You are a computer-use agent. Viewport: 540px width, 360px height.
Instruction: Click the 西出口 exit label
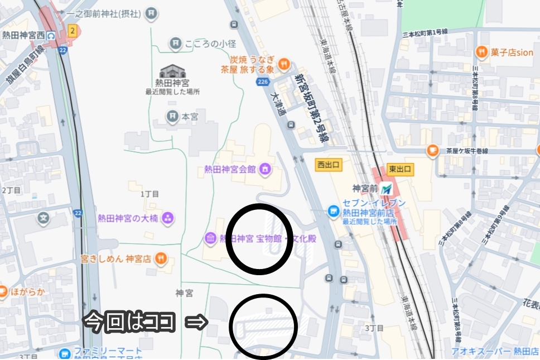(x=329, y=165)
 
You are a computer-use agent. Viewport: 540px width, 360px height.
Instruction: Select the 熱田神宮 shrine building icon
(x=172, y=71)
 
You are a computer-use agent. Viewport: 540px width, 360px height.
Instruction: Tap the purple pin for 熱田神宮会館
(x=265, y=168)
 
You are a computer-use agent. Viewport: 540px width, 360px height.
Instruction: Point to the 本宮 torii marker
(x=173, y=116)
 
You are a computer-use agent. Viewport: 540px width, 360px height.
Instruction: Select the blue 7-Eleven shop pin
(x=334, y=211)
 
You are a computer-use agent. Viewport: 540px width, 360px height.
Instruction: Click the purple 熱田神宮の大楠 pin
(x=167, y=218)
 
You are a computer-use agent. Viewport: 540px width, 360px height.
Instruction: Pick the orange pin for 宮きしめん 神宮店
(x=161, y=258)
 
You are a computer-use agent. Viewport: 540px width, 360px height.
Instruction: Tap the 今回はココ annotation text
(x=129, y=322)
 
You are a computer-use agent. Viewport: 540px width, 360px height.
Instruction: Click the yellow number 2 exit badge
(x=72, y=30)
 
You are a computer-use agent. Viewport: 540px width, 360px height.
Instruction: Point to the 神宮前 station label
(x=365, y=188)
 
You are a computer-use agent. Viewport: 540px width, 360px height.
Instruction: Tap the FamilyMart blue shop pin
(x=65, y=353)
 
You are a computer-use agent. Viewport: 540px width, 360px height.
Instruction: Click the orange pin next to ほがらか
(x=3, y=291)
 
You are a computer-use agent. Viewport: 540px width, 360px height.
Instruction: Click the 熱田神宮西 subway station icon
(x=51, y=35)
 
